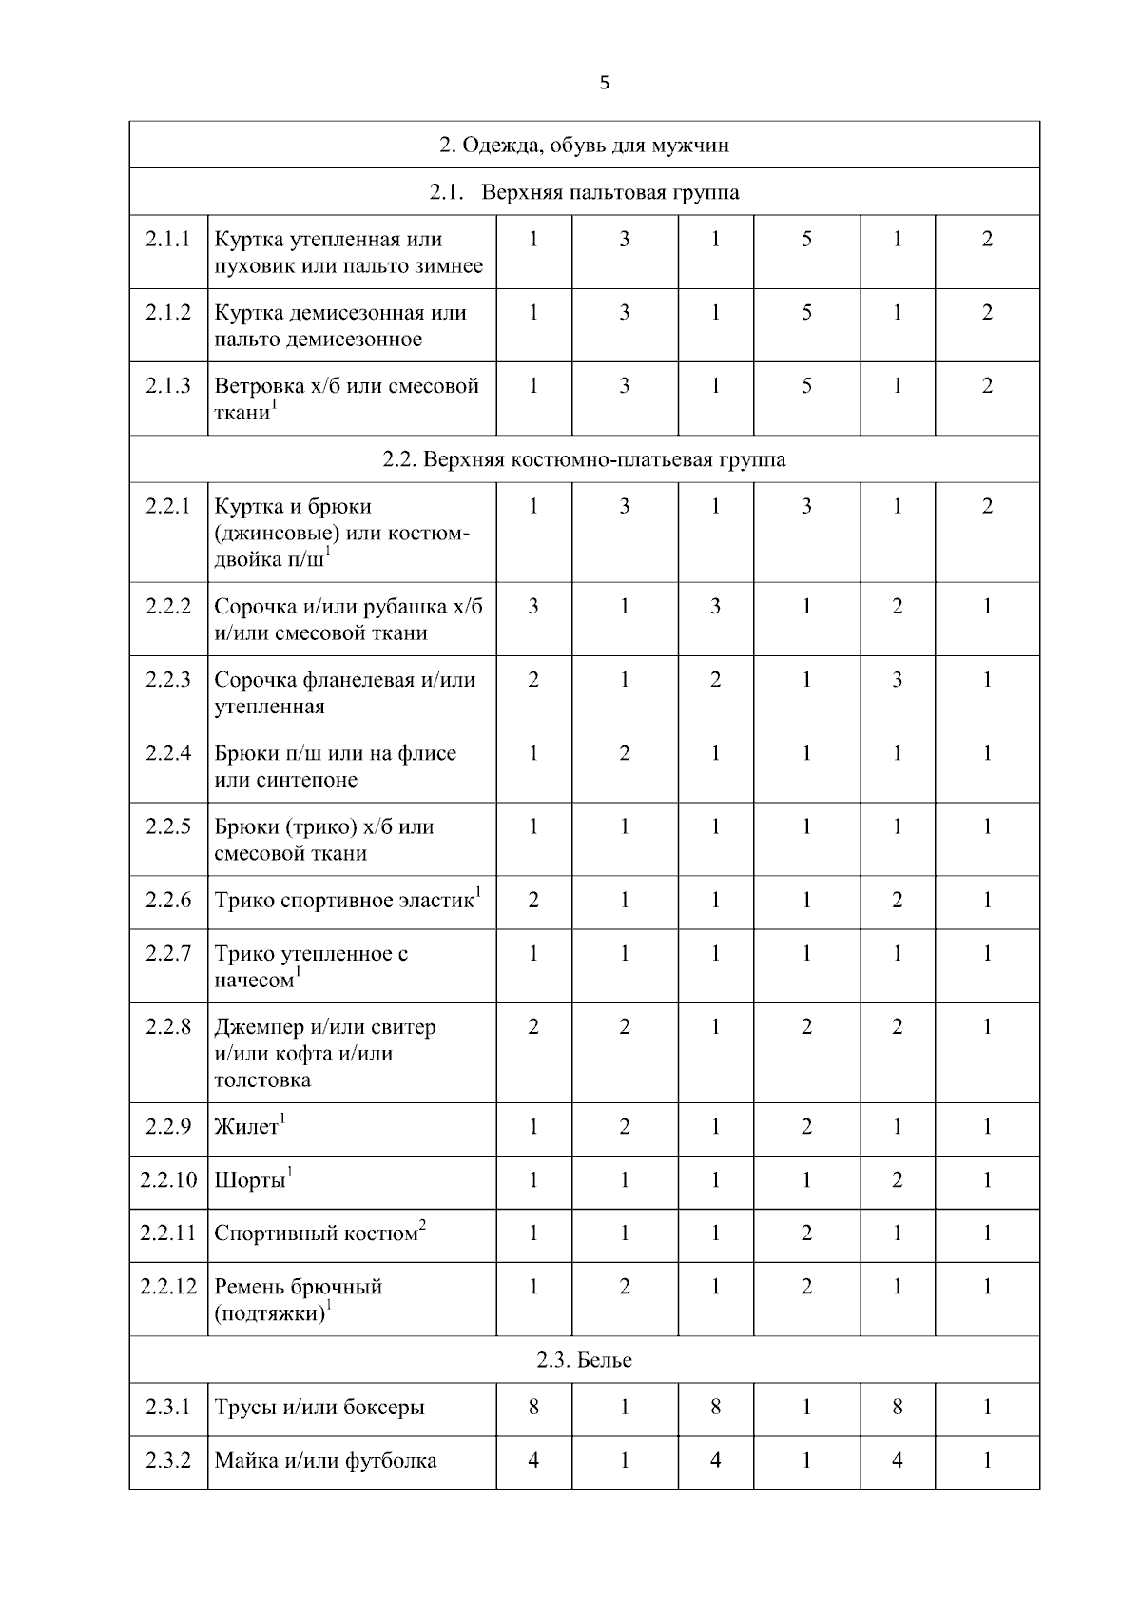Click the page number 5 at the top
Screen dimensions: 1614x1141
pyautogui.click(x=605, y=83)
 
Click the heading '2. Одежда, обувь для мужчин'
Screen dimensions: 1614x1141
pyautogui.click(x=584, y=146)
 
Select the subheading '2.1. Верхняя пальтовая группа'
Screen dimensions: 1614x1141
pyautogui.click(x=584, y=193)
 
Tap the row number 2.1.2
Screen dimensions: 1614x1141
pyautogui.click(x=168, y=312)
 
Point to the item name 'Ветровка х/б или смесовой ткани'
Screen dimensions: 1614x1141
pyautogui.click(x=346, y=398)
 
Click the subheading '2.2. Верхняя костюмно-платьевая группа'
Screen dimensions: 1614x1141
pyautogui.click(x=584, y=459)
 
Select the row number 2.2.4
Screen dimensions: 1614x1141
pyautogui.click(x=168, y=753)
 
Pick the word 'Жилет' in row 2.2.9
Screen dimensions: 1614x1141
pyautogui.click(x=246, y=1128)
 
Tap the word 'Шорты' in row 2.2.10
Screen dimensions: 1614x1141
pyautogui.click(x=250, y=1181)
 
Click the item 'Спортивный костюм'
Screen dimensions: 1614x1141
pyautogui.click(x=316, y=1235)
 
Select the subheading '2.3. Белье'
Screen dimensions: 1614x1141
pyautogui.click(x=584, y=1360)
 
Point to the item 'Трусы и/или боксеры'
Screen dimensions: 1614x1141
pyautogui.click(x=319, y=1408)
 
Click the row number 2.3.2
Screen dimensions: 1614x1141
pyautogui.click(x=168, y=1460)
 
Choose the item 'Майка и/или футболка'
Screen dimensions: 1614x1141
pyautogui.click(x=325, y=1461)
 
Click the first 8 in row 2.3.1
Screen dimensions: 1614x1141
pyautogui.click(x=533, y=1407)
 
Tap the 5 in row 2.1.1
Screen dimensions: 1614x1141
pyautogui.click(x=806, y=239)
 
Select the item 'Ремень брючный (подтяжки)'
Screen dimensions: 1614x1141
pyautogui.click(x=298, y=1300)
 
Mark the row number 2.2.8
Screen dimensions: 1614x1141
pyautogui.click(x=168, y=1027)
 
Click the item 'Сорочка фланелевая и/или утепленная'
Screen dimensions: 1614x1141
pyautogui.click(x=344, y=693)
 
